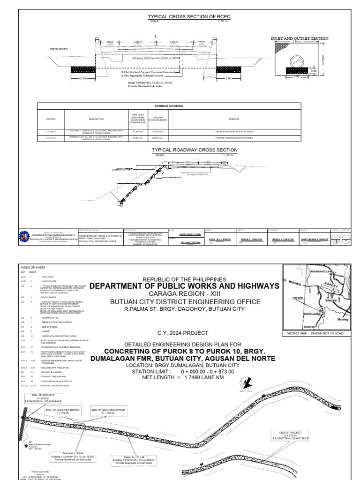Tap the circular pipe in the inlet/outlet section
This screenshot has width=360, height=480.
299,60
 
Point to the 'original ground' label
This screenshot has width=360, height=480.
59,48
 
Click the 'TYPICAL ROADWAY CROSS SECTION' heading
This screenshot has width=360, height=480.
195,150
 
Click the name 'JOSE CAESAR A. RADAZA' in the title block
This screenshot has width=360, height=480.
310,238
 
